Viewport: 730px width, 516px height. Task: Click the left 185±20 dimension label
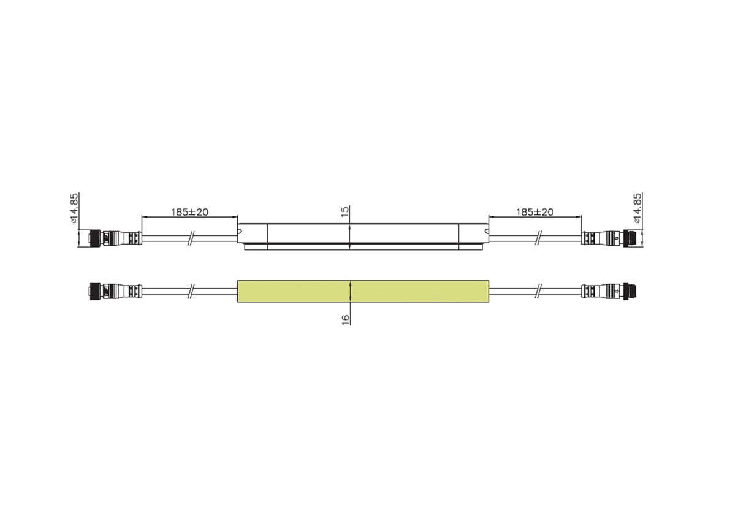point(189,212)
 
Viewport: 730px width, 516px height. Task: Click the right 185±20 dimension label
point(535,212)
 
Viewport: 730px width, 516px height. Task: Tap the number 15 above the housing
point(345,211)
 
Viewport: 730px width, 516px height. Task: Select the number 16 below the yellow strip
point(346,320)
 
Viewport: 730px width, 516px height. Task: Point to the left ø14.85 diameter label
point(75,208)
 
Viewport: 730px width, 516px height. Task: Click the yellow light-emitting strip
point(363,291)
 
